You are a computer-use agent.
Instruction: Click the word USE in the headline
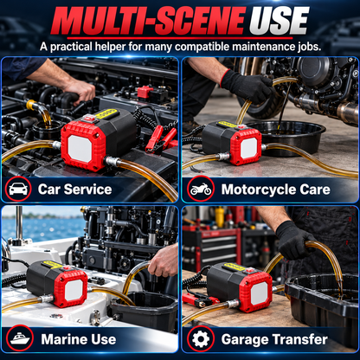pos(280,21)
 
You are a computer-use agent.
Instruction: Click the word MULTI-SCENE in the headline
pos(148,21)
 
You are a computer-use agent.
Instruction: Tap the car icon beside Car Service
pos(18,189)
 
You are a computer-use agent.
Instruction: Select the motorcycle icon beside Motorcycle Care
pos(201,189)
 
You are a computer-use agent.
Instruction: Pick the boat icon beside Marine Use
pos(20,338)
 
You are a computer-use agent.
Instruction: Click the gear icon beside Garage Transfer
pos(201,339)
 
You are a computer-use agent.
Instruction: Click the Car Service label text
pos(74,190)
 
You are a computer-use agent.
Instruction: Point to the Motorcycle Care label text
pos(276,190)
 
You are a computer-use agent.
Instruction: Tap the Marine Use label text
pos(79,339)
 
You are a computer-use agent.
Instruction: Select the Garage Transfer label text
pos(274,339)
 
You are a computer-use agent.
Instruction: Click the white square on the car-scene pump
pos(80,149)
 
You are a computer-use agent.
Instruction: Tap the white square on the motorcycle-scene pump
pos(248,148)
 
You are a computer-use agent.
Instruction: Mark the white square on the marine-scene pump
pos(74,290)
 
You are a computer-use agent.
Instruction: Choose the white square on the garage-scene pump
pos(259,293)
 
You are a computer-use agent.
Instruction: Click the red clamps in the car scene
pos(162,140)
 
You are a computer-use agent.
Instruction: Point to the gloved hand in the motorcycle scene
pos(247,86)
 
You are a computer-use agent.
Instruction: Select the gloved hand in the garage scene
pos(292,240)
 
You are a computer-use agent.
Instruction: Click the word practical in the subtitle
pos(71,47)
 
